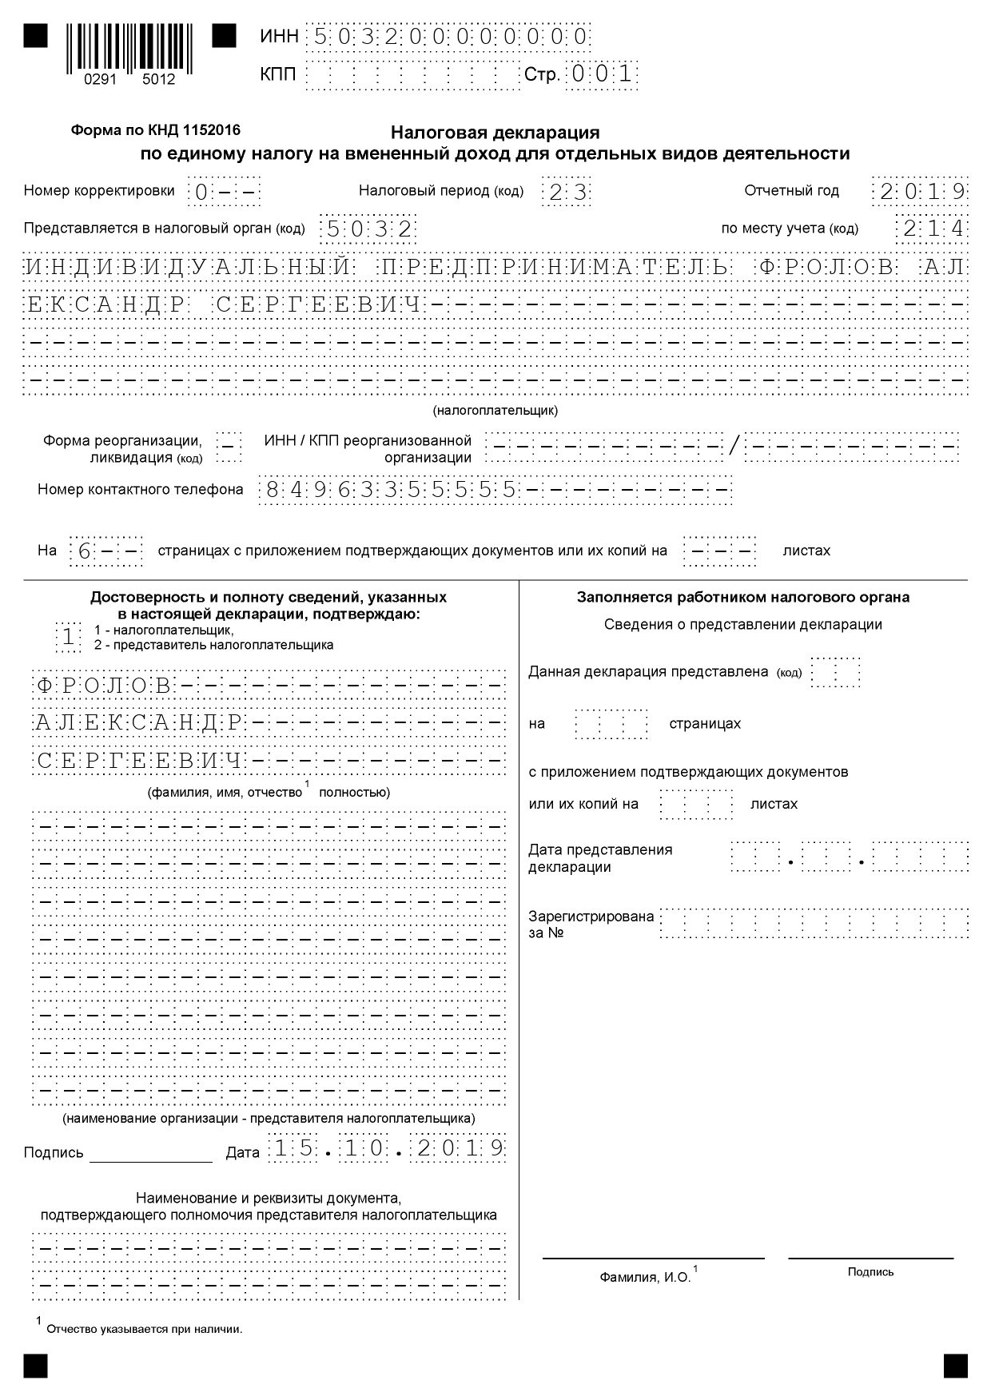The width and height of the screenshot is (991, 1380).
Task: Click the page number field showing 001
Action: [x=602, y=75]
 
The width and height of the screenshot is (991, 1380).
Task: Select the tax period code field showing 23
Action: [x=567, y=192]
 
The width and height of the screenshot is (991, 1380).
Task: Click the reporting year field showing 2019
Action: [x=920, y=192]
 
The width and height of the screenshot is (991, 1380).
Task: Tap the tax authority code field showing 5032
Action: [x=368, y=230]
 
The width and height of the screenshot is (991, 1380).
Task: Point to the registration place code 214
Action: [x=932, y=229]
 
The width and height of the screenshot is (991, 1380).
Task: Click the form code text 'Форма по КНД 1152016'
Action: [x=155, y=129]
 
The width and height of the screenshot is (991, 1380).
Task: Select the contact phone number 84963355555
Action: [x=391, y=489]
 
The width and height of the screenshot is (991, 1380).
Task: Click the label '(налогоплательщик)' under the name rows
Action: [x=495, y=411]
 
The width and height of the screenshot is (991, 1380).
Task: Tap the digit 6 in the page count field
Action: [x=83, y=551]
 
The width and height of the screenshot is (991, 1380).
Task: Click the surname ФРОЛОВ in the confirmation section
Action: [x=103, y=686]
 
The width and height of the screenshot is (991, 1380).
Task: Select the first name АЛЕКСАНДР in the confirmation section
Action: [x=137, y=723]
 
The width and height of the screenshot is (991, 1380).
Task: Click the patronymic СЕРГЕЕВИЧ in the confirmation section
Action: [x=138, y=761]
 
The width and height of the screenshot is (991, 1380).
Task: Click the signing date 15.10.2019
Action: [x=388, y=1149]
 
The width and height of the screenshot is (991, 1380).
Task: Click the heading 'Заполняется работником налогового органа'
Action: [x=742, y=597]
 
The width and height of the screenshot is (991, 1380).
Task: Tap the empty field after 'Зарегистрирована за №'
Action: [x=814, y=923]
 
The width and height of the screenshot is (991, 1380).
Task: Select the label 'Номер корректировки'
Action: [x=99, y=191]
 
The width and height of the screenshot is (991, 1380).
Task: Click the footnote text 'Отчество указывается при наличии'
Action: [x=144, y=1330]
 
